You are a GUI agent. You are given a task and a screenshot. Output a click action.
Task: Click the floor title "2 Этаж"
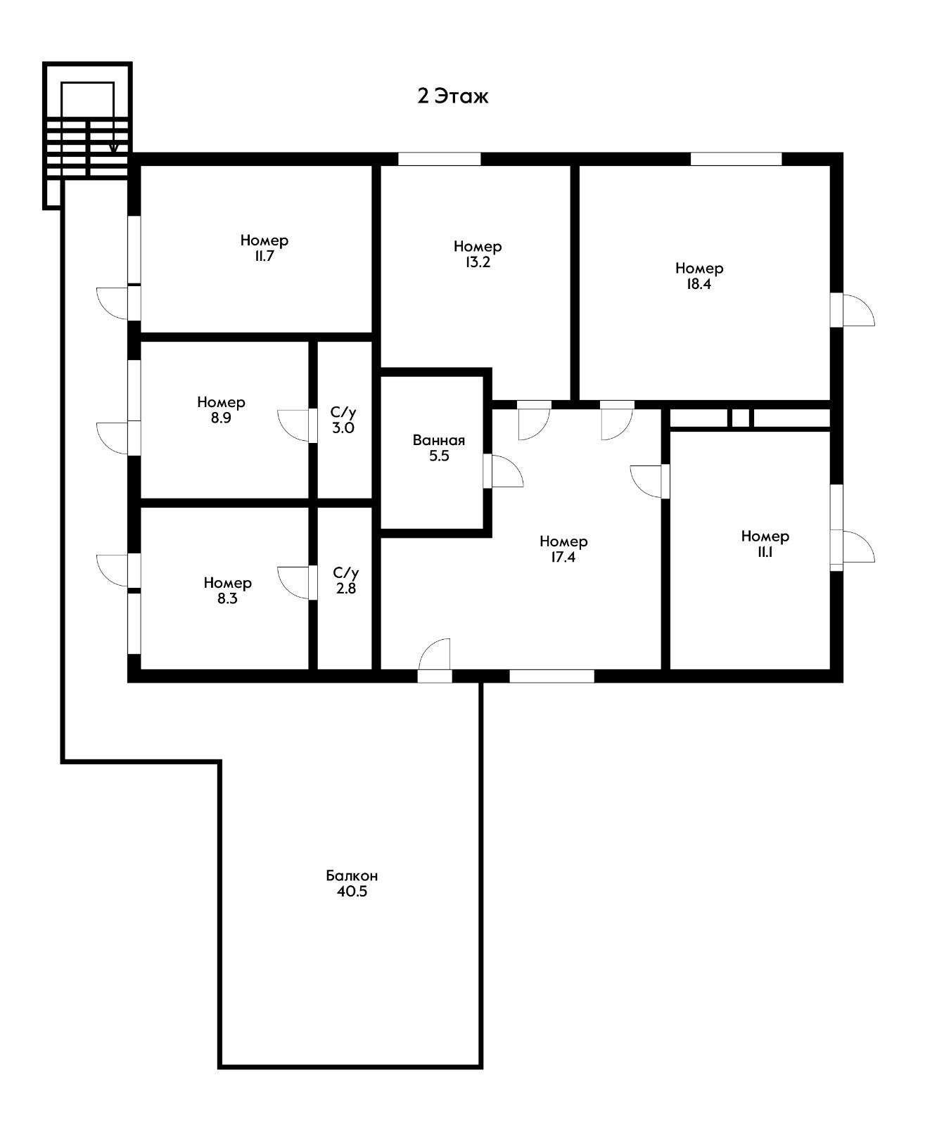pos(452,96)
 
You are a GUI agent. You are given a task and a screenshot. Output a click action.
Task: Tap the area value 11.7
pos(264,256)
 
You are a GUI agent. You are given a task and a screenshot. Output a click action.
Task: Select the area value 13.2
pos(478,262)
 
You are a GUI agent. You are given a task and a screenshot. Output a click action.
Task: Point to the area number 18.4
pos(698,284)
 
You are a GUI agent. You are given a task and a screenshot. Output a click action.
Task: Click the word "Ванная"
pos(439,440)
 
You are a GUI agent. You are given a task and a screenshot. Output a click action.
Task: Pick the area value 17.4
pos(563,558)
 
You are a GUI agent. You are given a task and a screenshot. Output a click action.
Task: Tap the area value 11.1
pos(765,552)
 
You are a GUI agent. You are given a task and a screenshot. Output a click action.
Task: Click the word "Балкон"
pos(352,876)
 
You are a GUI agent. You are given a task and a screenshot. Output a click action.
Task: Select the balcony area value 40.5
pos(352,892)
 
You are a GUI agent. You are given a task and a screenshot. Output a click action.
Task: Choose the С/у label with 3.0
pos(343,412)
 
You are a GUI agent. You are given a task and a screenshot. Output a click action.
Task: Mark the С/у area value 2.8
pos(346,589)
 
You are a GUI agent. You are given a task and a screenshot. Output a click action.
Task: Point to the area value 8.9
pos(221,418)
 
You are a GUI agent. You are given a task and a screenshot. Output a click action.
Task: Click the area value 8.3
pos(227,598)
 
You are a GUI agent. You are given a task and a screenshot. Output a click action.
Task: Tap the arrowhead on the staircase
pos(113,148)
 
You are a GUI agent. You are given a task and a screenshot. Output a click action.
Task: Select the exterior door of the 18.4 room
pos(853,309)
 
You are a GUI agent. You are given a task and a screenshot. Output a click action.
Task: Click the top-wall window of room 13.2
pos(440,159)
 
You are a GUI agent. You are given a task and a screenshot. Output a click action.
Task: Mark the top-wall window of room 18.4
pos(736,159)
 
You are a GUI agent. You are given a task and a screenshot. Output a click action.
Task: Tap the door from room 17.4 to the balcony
pos(435,660)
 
